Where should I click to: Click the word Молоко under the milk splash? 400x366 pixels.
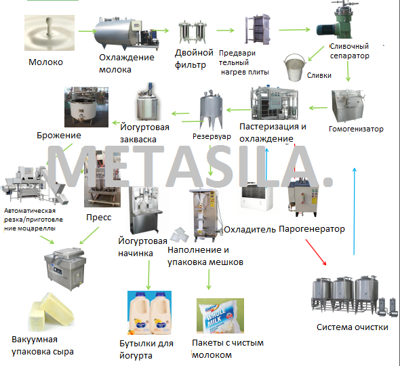point(45,62)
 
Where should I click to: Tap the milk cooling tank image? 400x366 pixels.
point(127,33)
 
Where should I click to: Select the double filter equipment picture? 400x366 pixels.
point(193,33)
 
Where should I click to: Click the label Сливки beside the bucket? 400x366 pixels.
point(319,75)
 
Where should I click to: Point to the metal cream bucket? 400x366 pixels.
point(295,67)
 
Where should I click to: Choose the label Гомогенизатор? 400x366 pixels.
point(356,129)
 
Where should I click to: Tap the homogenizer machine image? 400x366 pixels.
point(347,106)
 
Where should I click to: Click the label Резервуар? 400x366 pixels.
point(212,137)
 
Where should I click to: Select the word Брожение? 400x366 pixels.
point(59,135)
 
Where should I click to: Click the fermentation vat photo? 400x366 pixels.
point(86,107)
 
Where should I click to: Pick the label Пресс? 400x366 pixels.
point(99,218)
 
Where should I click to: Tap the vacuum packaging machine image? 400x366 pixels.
point(65,268)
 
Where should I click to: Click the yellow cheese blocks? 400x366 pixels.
point(51,312)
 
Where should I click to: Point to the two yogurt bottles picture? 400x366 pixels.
point(149,312)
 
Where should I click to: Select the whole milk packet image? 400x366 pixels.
point(220,316)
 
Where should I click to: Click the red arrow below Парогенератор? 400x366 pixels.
point(316,252)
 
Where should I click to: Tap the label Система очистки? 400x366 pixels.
point(353,327)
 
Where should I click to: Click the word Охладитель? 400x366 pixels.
point(249,230)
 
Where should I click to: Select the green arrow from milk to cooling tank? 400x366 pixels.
point(87,31)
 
